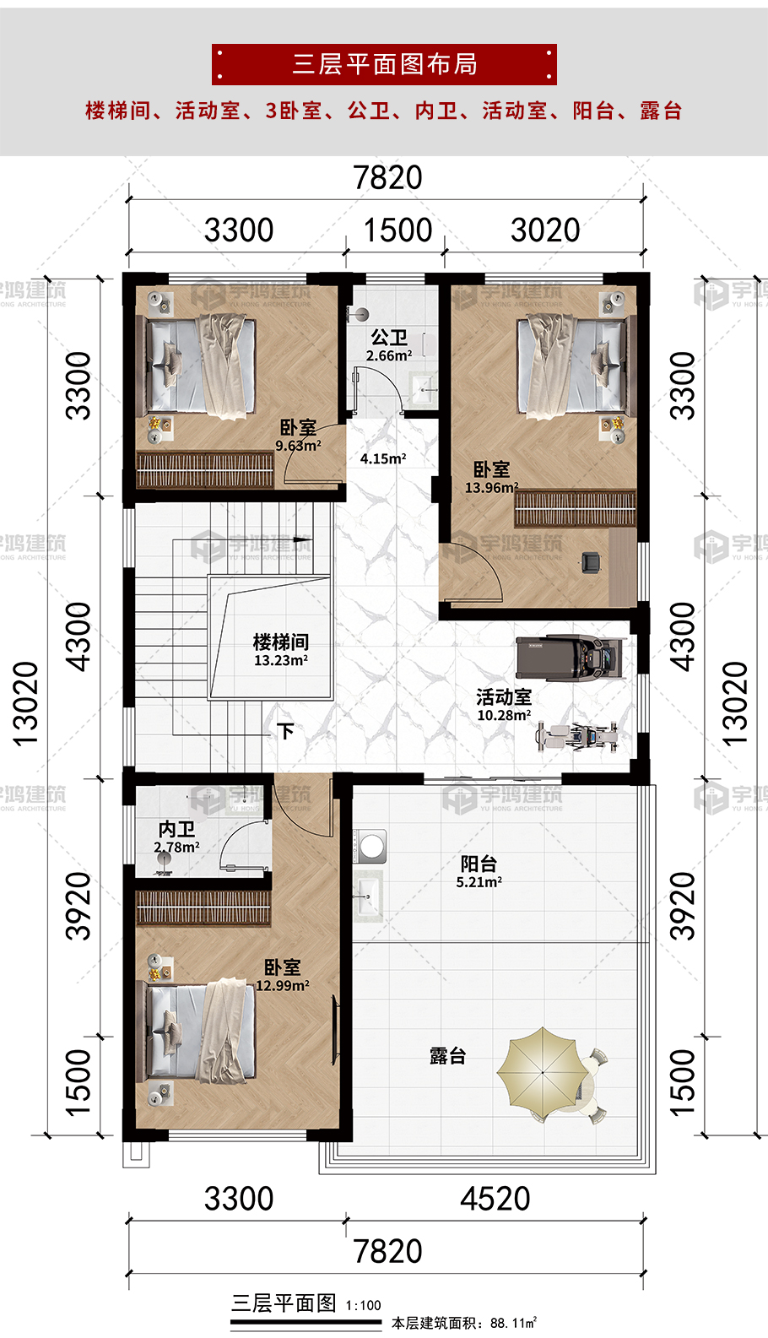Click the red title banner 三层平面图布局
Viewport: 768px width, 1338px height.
pos(384,64)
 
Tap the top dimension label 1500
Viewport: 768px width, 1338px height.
pos(398,230)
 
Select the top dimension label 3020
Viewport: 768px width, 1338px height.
pos(545,230)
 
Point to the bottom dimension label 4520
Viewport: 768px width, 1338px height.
pos(495,1199)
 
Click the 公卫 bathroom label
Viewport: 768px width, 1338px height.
pos(389,338)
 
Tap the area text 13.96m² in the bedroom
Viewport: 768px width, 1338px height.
pos(491,487)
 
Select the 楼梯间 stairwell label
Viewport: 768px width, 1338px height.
pos(281,642)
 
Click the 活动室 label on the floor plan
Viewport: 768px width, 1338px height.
pos(504,696)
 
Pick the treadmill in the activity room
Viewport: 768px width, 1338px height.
pos(571,658)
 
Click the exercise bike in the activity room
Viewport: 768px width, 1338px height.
pos(576,736)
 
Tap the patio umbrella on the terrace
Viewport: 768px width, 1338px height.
pos(543,1072)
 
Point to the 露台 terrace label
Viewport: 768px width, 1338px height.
pos(447,1056)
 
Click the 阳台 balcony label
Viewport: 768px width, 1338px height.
pos(479,864)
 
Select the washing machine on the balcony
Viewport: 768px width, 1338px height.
pos(370,845)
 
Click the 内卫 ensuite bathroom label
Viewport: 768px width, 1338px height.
pos(176,829)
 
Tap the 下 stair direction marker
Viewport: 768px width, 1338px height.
pos(285,731)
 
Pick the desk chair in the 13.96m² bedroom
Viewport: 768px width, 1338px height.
pos(592,562)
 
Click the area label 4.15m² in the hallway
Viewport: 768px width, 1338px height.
pos(383,458)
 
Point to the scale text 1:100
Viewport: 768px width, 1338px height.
pos(363,1305)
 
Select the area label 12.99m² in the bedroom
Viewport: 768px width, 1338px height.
pos(283,986)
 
